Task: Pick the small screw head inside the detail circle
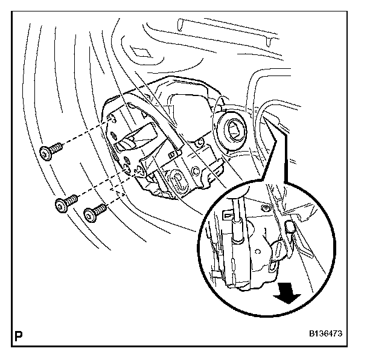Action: (267, 208)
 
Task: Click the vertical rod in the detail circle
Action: (240, 205)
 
